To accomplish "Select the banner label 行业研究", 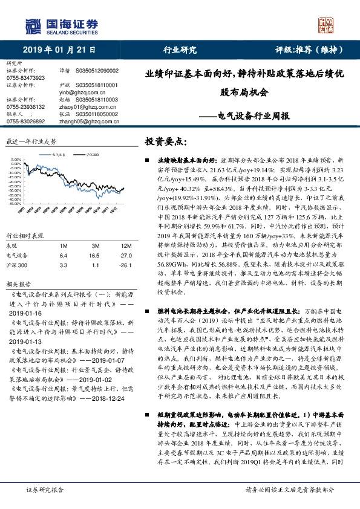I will pyautogui.click(x=180, y=50).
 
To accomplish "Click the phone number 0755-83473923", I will pyautogui.click(x=25, y=78).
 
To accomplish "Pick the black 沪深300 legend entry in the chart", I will pyautogui.click(x=91, y=155).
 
